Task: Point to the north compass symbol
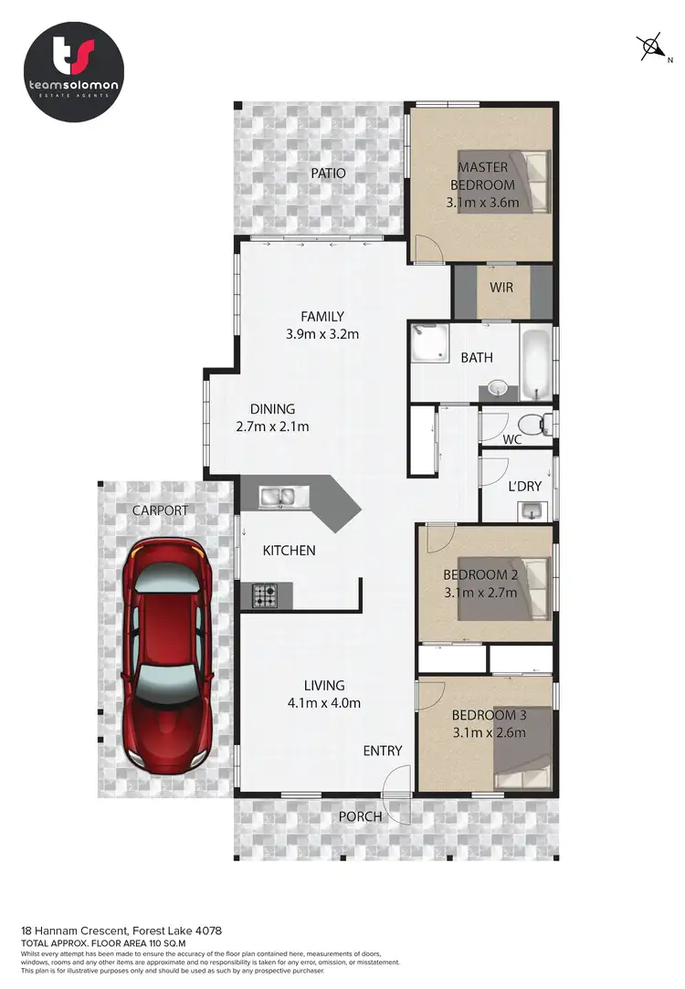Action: (652, 45)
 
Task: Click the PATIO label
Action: (327, 172)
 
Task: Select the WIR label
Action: (501, 288)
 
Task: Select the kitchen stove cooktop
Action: (265, 597)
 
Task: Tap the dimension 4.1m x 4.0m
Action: (324, 703)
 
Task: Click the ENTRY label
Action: (383, 751)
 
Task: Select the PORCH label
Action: (361, 816)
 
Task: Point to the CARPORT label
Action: (159, 510)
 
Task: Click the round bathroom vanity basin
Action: (498, 389)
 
